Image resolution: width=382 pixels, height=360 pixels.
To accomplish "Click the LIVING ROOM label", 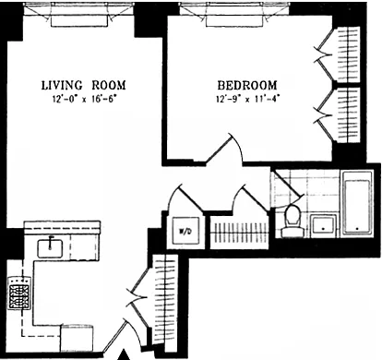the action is pyautogui.click(x=84, y=85).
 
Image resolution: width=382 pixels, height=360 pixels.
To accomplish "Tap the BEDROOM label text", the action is pyautogui.click(x=247, y=85).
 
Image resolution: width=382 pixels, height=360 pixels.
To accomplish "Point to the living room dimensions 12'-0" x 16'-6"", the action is pyautogui.click(x=84, y=100).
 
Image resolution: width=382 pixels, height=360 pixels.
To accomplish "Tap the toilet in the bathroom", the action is pyautogui.click(x=292, y=221).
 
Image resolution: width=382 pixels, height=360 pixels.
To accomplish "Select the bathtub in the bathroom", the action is pyautogui.click(x=357, y=203).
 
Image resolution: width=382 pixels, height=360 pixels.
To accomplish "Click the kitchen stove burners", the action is pyautogui.click(x=19, y=294).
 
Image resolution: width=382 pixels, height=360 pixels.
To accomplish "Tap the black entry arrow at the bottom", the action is pyautogui.click(x=125, y=354).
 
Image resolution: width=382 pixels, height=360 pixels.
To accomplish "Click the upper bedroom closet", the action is pyautogui.click(x=339, y=55).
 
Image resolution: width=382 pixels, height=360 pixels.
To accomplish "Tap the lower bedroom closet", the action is pyautogui.click(x=339, y=115).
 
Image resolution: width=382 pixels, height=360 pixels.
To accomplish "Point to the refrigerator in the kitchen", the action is pyautogui.click(x=77, y=339).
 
